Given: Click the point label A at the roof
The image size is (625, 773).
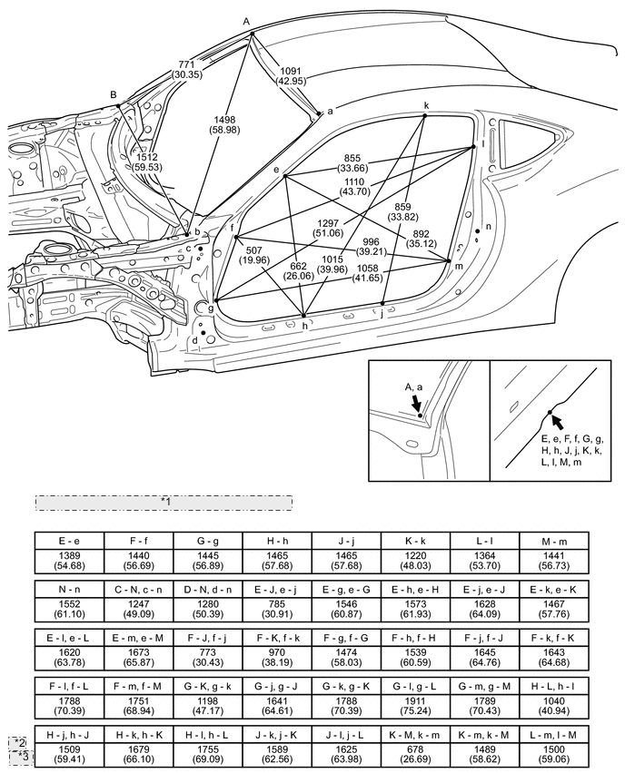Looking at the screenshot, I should [246, 20].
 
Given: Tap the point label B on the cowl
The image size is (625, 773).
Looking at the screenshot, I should [114, 94].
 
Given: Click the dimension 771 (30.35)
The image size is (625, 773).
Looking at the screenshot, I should [189, 71].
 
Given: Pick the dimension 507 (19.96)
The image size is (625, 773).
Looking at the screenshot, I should [260, 258].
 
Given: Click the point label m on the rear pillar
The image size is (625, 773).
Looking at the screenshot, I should [459, 266].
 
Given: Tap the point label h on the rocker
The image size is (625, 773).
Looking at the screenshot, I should [304, 325].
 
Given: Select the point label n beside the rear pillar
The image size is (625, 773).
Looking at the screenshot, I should [489, 226].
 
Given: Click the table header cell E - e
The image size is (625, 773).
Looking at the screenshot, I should [69, 539].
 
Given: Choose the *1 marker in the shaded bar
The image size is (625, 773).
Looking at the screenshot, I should [164, 501].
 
